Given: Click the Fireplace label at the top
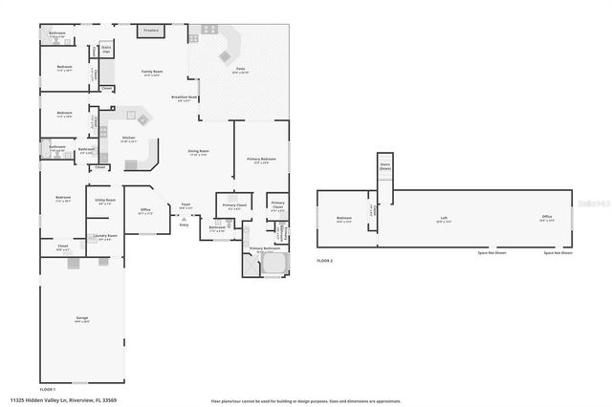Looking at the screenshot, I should click(x=150, y=30).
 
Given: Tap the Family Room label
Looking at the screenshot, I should click(x=150, y=73).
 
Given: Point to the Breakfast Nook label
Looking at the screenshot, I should click(x=185, y=97).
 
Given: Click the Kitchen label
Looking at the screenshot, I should click(x=128, y=139).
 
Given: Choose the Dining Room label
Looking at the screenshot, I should click(x=198, y=152).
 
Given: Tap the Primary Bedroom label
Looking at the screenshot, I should click(x=261, y=159).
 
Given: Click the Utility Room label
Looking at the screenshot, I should click(x=104, y=201).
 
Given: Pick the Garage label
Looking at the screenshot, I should click(x=82, y=319).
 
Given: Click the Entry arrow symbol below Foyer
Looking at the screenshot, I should click(x=185, y=220).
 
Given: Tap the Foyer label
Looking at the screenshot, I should click(x=186, y=203).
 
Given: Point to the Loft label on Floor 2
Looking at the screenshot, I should click(x=444, y=218).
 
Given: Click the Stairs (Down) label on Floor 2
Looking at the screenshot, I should click(x=384, y=165).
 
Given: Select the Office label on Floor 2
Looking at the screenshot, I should click(x=546, y=218).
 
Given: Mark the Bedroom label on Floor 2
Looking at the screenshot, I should click(x=343, y=219).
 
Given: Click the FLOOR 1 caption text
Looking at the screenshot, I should click(x=47, y=389).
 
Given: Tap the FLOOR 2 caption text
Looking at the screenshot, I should click(x=326, y=260).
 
